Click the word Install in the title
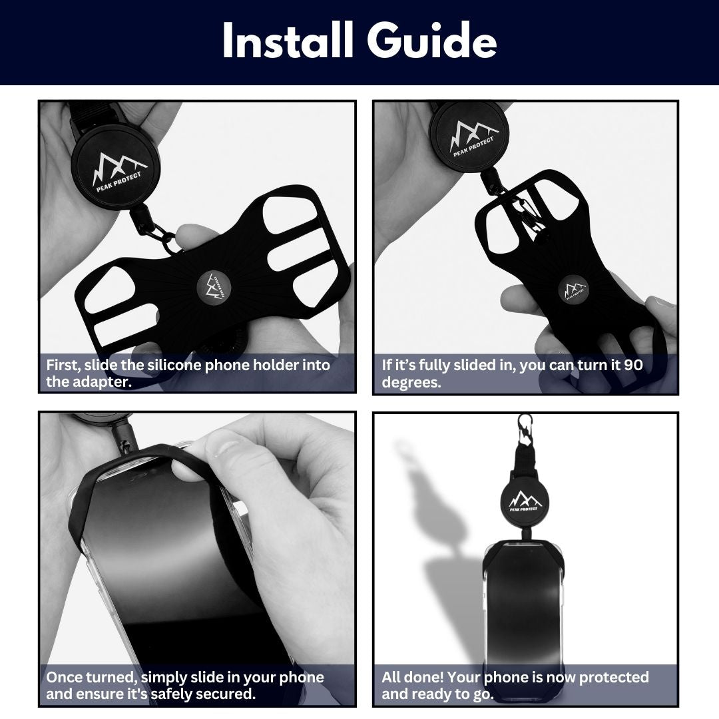[x=288, y=41]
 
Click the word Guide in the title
[x=431, y=41]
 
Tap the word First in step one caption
[x=63, y=365]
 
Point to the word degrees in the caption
[x=411, y=382]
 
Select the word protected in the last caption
[x=614, y=678]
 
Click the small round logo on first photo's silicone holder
[x=214, y=288]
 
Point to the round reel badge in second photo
[x=471, y=137]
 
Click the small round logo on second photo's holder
[x=575, y=289]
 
